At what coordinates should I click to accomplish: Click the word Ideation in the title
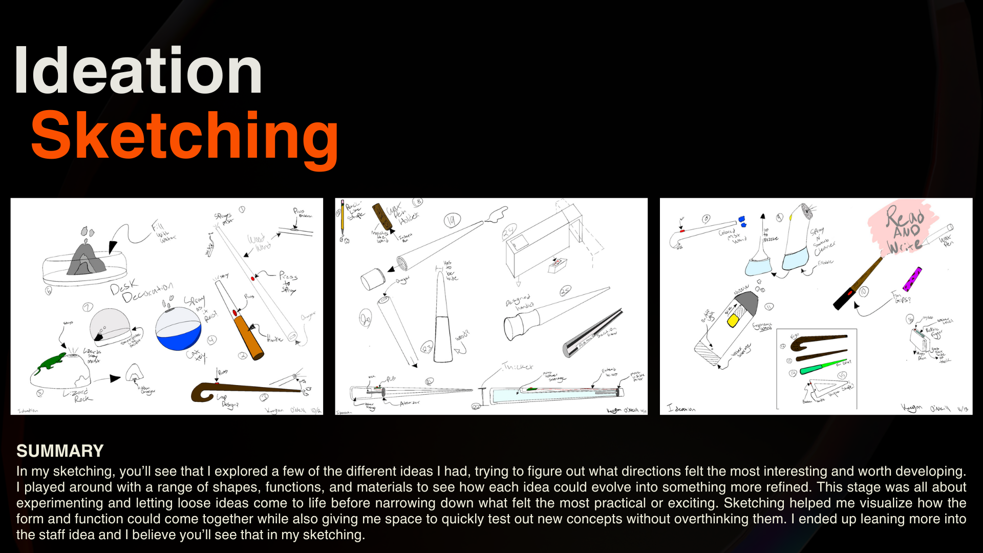coord(138,71)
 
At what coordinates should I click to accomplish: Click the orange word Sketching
coord(184,136)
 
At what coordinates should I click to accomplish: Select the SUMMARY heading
coord(60,451)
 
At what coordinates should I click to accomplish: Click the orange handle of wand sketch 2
coord(249,337)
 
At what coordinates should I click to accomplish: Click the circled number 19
coord(452,221)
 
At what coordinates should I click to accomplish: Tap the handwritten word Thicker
coord(518,367)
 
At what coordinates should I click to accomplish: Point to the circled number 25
coord(565,291)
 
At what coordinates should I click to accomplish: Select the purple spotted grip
coord(912,280)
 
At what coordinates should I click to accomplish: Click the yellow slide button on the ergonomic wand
coord(733,321)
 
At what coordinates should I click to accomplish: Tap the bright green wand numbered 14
coord(822,367)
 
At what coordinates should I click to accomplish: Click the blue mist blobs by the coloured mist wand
coord(742,222)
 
